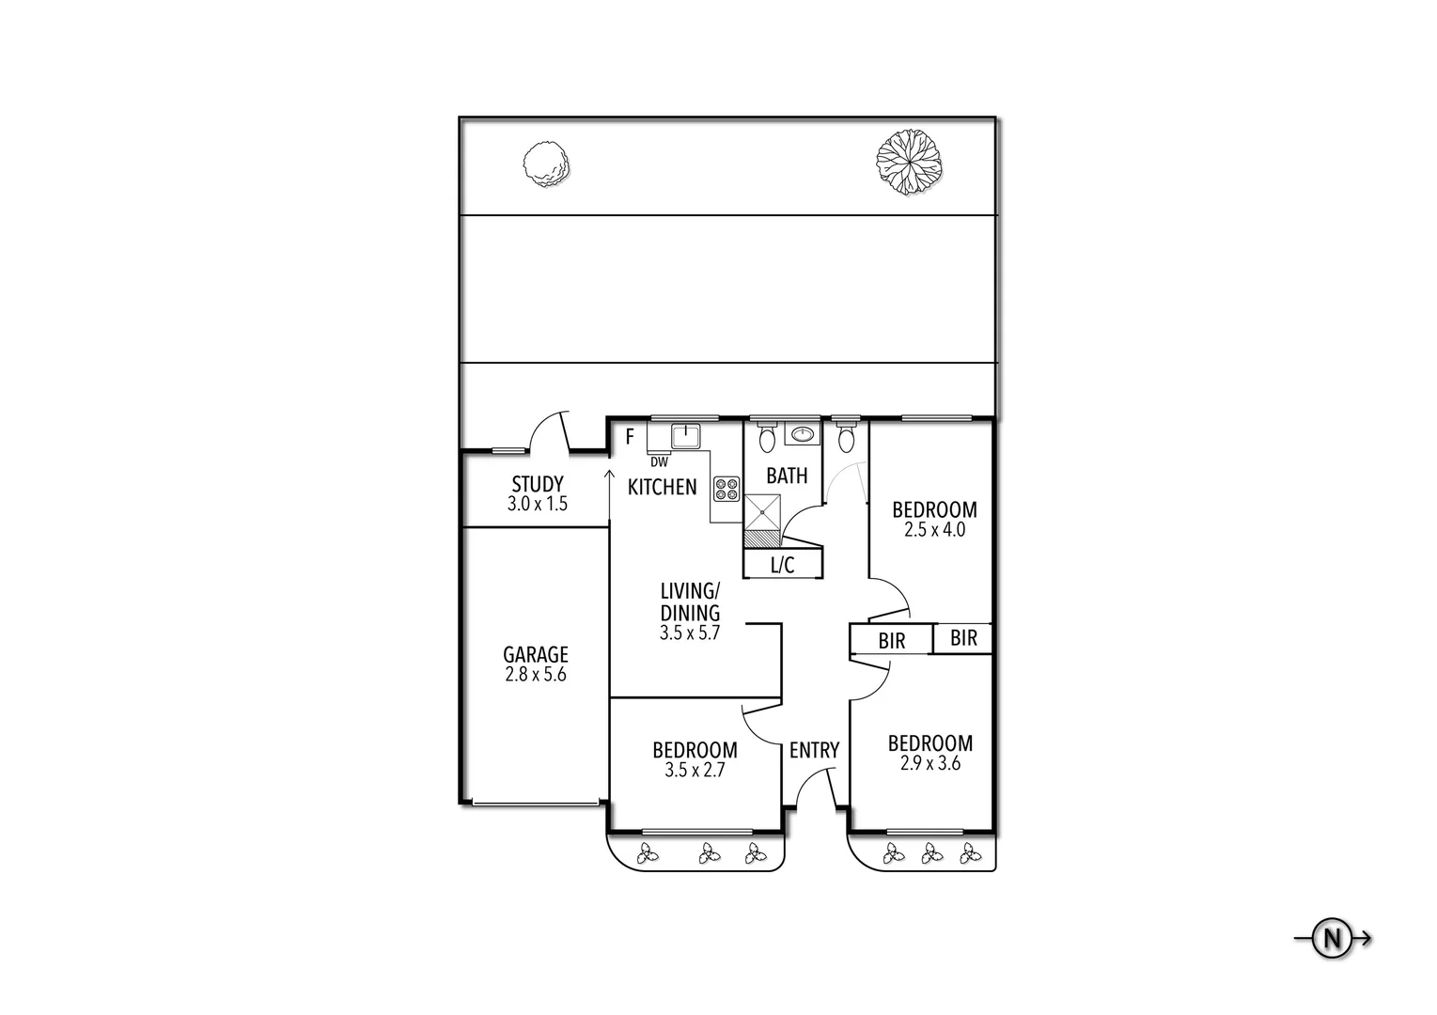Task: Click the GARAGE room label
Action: pos(536,654)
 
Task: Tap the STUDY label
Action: pos(538,484)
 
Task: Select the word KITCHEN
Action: pos(662,488)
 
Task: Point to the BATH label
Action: pos(788,476)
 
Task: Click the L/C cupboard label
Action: pos(783,565)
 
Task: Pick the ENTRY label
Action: pos(814,750)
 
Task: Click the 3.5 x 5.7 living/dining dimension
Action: pos(690,633)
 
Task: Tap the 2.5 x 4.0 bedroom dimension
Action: pos(935,530)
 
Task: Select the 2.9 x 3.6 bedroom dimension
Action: pos(930,763)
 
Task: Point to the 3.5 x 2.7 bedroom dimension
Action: pos(695,770)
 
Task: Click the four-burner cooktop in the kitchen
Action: pos(726,490)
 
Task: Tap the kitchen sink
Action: pos(686,436)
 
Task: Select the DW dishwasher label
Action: pos(660,462)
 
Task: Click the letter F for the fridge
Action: pos(630,437)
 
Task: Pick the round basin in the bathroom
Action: pos(802,434)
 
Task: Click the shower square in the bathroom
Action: pos(762,512)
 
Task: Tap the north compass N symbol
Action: pos(1332,939)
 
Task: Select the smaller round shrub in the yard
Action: pos(546,164)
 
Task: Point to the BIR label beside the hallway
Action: pos(892,640)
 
